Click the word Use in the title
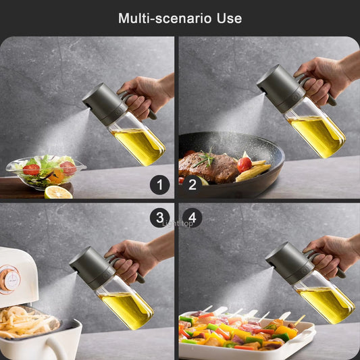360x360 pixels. tap(228, 18)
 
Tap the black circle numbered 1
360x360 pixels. tap(159, 184)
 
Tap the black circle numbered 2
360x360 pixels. tap(192, 184)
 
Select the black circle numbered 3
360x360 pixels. tap(159, 217)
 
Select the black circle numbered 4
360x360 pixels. tap(192, 217)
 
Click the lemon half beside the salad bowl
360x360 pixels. tap(59, 192)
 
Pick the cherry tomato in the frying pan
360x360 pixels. tap(245, 164)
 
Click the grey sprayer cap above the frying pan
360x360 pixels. tap(276, 86)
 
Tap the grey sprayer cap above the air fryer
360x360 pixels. tap(90, 267)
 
